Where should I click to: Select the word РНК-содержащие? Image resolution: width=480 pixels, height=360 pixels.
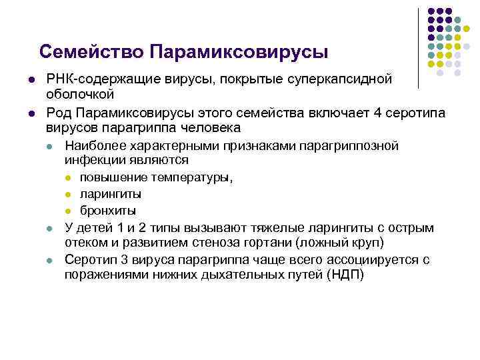(x=97, y=80)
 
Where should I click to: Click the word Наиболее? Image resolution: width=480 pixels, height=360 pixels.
(x=94, y=145)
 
